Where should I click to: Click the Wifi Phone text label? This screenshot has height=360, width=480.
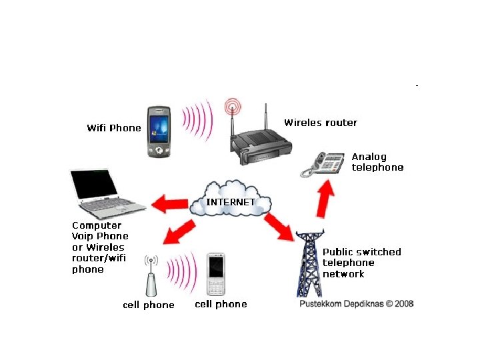point(114,128)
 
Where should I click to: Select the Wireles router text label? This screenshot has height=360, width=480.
point(321,123)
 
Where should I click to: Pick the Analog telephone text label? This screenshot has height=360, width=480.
point(377,162)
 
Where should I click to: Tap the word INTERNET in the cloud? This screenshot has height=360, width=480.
point(230,201)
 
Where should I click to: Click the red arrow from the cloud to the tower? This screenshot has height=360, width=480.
point(280,227)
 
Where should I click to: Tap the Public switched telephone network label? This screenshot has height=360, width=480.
point(361,263)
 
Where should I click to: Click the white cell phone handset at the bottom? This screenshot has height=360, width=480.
point(217,274)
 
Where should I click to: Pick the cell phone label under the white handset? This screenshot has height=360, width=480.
point(221,304)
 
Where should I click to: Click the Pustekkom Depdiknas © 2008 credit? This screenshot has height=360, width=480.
point(357,303)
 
